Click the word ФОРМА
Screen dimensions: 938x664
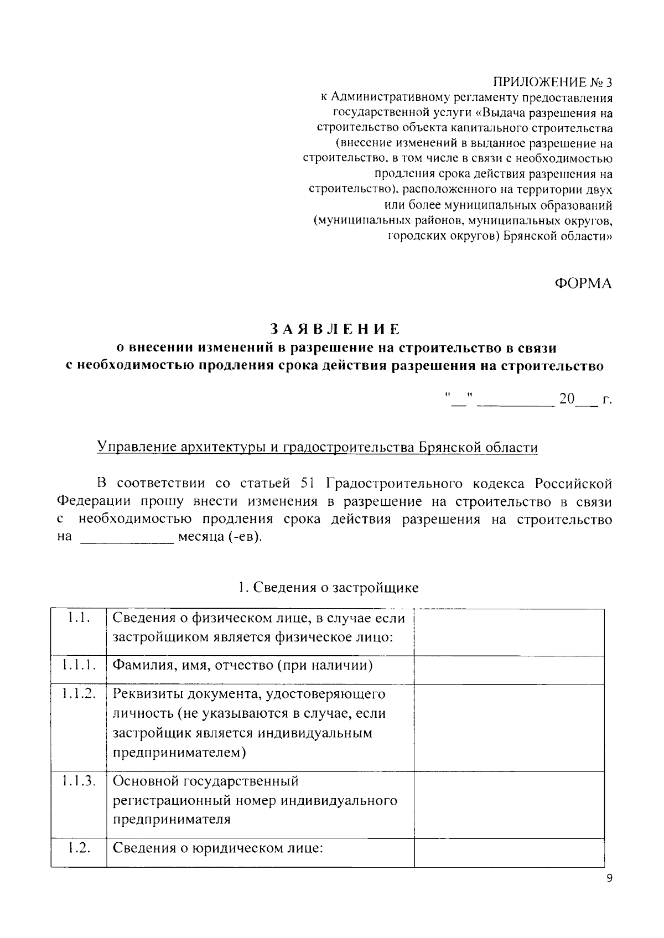(583, 283)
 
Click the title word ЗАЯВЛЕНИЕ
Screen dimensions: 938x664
(335, 329)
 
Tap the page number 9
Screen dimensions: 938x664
(609, 878)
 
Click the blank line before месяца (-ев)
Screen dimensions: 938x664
(127, 538)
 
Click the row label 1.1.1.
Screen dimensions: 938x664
(78, 665)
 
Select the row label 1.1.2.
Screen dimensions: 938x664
(78, 693)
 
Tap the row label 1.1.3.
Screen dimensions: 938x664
(78, 781)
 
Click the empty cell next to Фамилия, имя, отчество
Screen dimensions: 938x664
(509, 670)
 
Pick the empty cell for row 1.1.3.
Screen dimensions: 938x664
(509, 804)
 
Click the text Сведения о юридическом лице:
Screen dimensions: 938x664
(217, 848)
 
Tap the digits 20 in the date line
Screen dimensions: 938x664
(567, 398)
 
